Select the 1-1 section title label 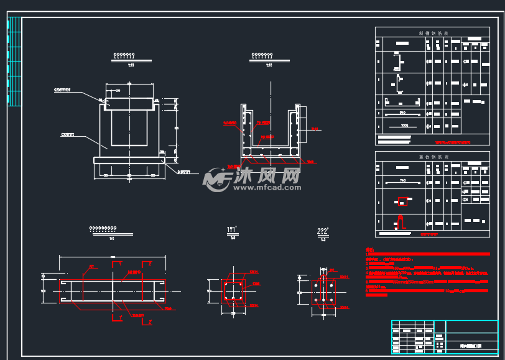click(233, 231)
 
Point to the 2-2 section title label click(323, 232)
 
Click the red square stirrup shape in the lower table click(403, 201)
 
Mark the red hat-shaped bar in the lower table click(402, 221)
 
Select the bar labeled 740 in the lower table click(402, 182)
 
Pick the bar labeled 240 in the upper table click(402, 113)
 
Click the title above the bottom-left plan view click(112, 230)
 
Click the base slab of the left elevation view click(129, 160)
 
